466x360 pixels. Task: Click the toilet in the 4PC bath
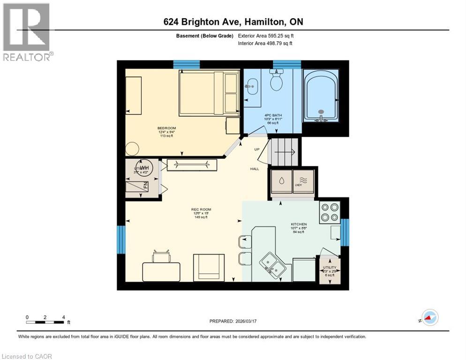click(277, 82)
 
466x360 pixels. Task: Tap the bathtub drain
click(321, 112)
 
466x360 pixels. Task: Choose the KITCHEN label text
click(298, 225)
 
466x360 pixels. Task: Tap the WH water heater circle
click(144, 167)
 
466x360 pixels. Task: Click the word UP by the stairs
click(256, 150)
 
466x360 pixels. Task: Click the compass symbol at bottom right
click(429, 317)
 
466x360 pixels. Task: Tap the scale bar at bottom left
click(45, 322)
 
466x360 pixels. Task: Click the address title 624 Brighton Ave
click(233, 22)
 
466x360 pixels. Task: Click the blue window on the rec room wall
click(121, 240)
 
